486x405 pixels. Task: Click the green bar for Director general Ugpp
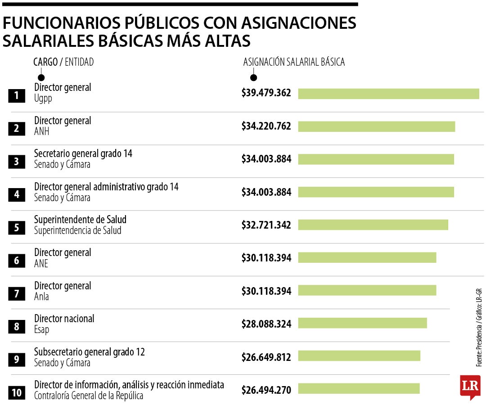pos(388,94)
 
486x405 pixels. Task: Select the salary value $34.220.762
pos(266,126)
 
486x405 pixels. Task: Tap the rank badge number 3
pos(17,162)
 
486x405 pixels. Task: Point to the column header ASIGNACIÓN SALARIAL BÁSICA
pos(294,62)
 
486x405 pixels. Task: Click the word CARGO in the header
pos(45,62)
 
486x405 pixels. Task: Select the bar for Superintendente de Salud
pos(373,225)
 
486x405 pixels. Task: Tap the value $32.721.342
pos(266,225)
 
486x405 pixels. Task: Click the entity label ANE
pos(41,264)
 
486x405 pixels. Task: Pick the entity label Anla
pos(41,297)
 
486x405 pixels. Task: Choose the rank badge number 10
pos(17,392)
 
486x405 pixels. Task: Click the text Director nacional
pos(64,319)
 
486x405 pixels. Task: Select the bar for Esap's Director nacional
pos(362,323)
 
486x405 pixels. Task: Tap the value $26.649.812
pos(266,357)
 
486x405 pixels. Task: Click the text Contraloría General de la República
pos(89,396)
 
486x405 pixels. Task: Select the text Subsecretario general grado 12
pos(90,351)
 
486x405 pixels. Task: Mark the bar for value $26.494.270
pos(359,388)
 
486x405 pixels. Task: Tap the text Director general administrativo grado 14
pos(106,186)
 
